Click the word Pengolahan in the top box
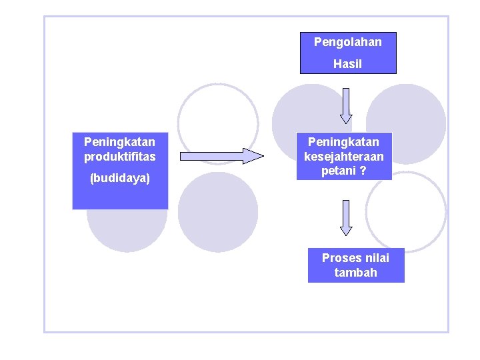click(348, 43)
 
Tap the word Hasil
click(347, 64)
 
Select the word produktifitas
click(120, 157)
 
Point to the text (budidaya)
click(120, 179)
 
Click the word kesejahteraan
click(344, 157)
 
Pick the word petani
click(337, 171)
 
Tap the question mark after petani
click(363, 171)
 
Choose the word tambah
click(356, 273)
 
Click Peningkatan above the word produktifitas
click(120, 142)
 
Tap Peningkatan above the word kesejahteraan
click(344, 142)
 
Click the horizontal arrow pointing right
click(222, 157)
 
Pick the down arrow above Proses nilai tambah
click(345, 217)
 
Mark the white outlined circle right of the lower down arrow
click(408, 212)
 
